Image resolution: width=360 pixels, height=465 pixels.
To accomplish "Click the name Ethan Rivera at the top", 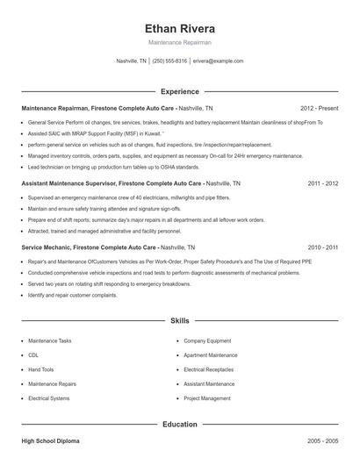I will pos(179,29).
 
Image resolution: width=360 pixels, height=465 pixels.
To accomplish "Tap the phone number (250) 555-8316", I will pos(169,61).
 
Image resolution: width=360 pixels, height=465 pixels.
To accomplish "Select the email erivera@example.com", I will pos(218,61).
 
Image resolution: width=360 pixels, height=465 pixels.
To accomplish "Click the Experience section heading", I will pos(179,91).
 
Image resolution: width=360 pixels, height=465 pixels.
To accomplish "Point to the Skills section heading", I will pos(179,322).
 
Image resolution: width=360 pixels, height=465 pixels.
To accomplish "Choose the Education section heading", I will pos(179,424).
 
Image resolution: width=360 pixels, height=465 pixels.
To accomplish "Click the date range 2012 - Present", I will pos(319,107).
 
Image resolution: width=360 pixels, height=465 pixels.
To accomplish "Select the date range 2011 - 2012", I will pos(322,185).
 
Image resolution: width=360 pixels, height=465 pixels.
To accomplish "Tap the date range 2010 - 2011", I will pos(322,248).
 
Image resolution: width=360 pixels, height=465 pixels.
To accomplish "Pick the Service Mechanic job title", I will pos(44,248).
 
